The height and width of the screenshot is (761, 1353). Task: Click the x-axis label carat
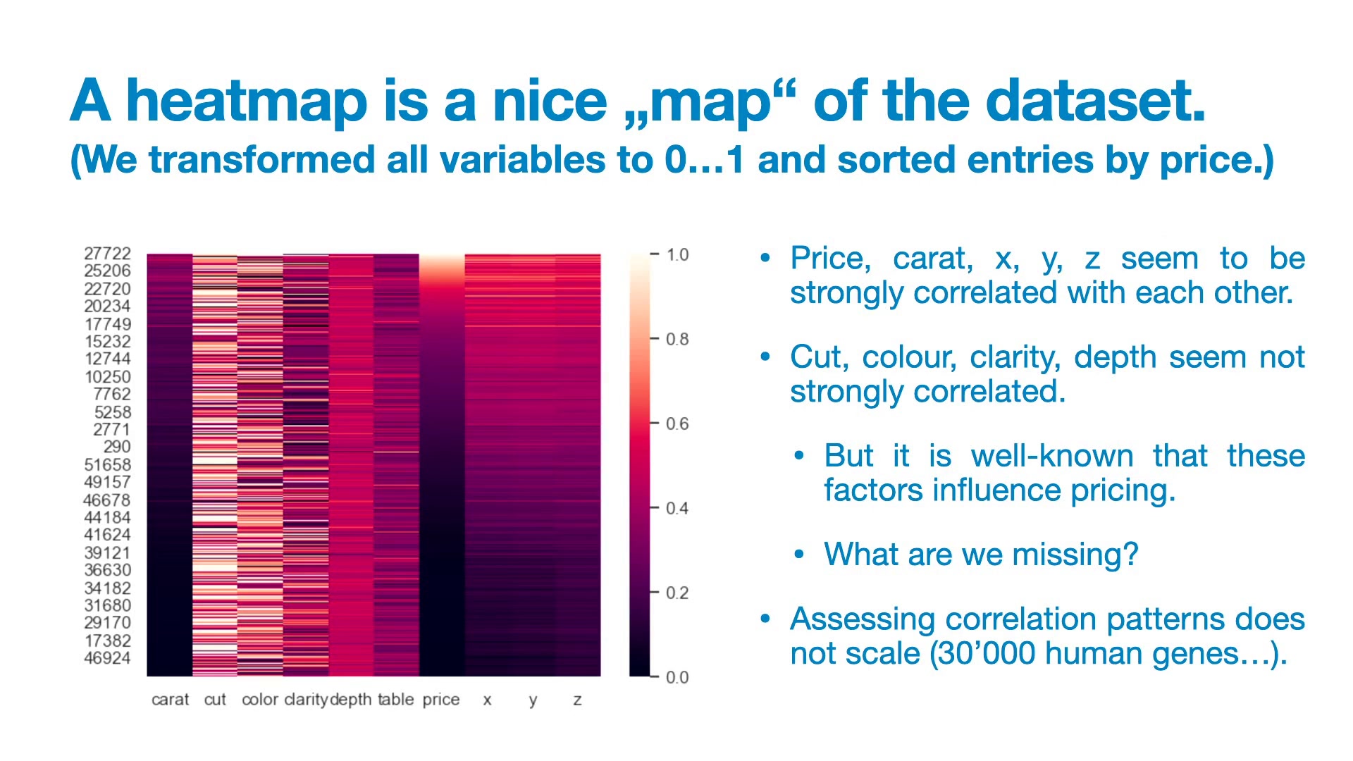coord(171,700)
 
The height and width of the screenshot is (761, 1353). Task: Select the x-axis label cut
coord(215,700)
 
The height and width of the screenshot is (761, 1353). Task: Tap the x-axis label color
coord(260,700)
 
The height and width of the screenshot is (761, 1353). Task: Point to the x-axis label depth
coord(351,700)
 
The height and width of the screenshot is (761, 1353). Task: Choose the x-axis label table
coord(395,699)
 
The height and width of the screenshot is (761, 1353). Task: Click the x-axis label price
coord(441,700)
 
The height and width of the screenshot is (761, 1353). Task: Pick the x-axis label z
coord(578,700)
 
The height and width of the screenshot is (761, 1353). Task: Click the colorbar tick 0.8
coord(677,340)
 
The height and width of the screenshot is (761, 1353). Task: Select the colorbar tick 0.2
coord(677,593)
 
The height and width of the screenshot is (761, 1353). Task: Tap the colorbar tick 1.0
coord(677,255)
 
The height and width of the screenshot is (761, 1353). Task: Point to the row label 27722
coord(108,254)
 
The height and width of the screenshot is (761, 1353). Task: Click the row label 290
coord(117,447)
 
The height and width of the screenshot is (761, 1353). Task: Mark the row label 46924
coord(108,658)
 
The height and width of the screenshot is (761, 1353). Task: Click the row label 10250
coord(108,377)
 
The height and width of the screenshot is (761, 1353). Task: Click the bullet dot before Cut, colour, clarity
coord(766,357)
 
